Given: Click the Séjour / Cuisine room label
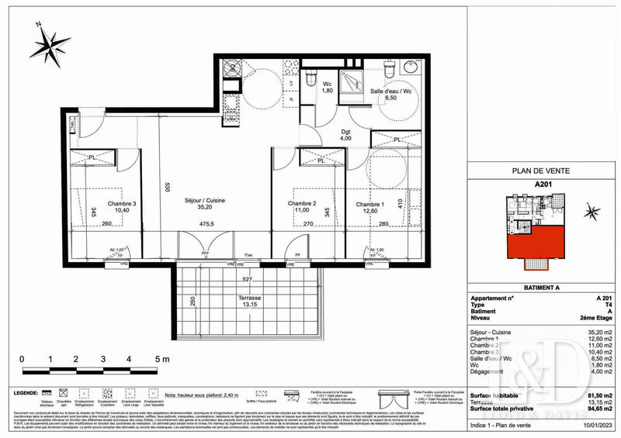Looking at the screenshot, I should pyautogui.click(x=206, y=200).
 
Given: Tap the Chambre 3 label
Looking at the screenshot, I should pyautogui.click(x=121, y=205).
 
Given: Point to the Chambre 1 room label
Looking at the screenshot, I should pyautogui.click(x=370, y=205).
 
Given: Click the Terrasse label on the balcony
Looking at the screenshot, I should pyautogui.click(x=249, y=298).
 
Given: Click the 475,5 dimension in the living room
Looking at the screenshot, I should pyautogui.click(x=205, y=225).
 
